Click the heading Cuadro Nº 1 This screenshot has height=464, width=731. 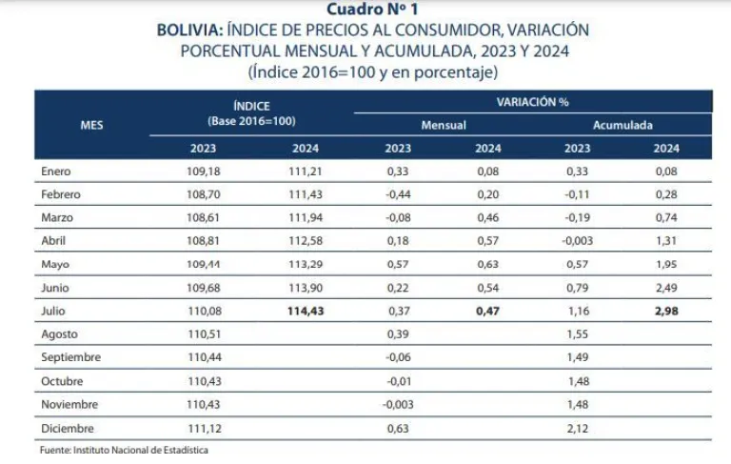tap(365, 10)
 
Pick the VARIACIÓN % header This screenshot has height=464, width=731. tap(532, 101)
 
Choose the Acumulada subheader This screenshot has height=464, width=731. tap(622, 125)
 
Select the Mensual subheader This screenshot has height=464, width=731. tap(443, 125)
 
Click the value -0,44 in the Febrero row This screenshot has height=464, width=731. tap(398, 194)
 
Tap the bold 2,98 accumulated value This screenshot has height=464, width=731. tap(665, 311)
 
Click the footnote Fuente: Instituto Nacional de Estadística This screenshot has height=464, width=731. tap(124, 450)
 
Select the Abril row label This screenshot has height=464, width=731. tap(55, 241)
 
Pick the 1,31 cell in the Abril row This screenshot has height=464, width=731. tap(665, 241)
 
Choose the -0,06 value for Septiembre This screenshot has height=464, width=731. tap(398, 357)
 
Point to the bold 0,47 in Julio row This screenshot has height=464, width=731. tap(487, 311)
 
